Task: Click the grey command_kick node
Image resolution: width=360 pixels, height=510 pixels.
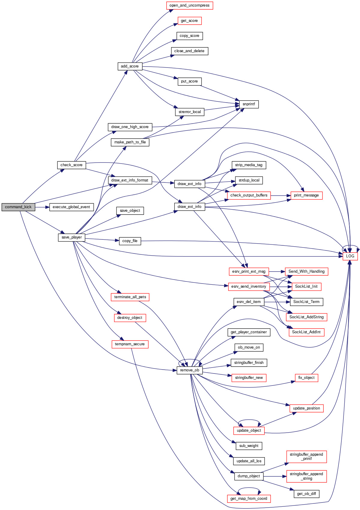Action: [18, 207]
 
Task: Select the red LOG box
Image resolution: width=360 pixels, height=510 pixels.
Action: [350, 256]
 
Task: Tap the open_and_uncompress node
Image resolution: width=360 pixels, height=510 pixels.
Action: [189, 5]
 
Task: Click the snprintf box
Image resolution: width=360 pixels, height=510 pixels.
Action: [249, 104]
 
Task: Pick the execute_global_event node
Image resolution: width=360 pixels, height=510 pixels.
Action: [71, 207]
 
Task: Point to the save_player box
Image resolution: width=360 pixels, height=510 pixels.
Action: [71, 237]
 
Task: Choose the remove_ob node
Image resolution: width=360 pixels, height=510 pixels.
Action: [189, 370]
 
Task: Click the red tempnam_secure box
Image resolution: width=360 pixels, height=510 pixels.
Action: [130, 344]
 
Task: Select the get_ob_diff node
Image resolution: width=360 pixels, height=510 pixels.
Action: [306, 494]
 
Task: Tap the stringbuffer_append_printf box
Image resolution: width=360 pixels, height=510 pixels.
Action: [306, 457]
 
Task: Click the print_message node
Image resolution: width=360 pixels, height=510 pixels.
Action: [306, 195]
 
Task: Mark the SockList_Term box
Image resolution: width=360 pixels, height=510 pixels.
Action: [306, 302]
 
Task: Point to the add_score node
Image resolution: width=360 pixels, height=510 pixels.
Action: [130, 66]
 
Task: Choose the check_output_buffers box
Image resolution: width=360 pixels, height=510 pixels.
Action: [249, 195]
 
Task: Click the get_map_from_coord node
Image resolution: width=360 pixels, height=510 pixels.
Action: [249, 499]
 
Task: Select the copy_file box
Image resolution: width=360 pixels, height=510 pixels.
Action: [130, 241]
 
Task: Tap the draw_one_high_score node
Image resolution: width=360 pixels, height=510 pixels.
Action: [130, 127]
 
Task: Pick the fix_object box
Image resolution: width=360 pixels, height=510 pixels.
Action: [306, 378]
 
